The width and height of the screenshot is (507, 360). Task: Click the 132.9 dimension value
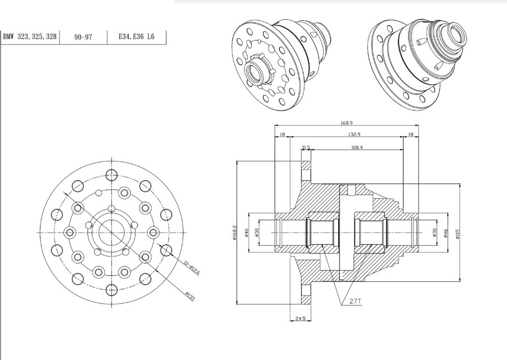tap(354, 135)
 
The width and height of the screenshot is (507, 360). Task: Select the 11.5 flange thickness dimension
tap(305, 147)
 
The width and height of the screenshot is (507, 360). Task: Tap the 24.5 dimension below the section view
tap(301, 319)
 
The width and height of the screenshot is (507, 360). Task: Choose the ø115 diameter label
tap(458, 233)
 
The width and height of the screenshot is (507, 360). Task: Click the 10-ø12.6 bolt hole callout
tap(191, 268)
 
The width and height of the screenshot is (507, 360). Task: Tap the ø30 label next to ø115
tap(435, 233)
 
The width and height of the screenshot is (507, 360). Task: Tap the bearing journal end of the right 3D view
tap(454, 37)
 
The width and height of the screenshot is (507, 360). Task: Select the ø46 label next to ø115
tap(447, 233)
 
